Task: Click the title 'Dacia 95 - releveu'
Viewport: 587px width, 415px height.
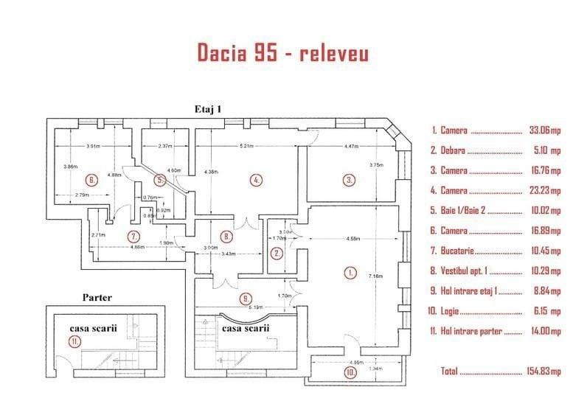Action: (283, 54)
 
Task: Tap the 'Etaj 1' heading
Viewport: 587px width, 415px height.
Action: (208, 108)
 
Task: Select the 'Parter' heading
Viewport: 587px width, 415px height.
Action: (97, 298)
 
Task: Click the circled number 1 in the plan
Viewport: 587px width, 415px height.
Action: (350, 272)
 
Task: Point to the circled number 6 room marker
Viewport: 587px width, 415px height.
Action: (91, 180)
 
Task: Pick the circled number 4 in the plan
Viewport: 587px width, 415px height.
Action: (256, 180)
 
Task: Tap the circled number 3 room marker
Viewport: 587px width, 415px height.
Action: (349, 179)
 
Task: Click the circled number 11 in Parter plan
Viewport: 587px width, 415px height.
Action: (74, 341)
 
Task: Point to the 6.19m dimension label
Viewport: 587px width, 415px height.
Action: (256, 306)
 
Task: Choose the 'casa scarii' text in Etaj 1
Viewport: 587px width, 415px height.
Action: (246, 328)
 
